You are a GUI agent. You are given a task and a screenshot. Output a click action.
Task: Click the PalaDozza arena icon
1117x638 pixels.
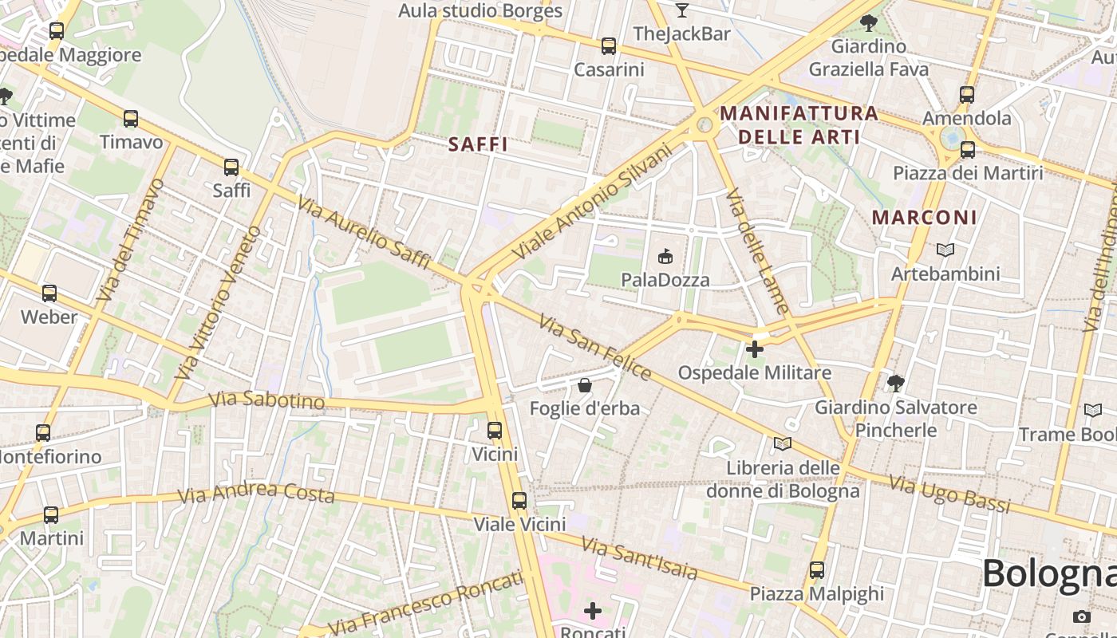pyautogui.click(x=665, y=256)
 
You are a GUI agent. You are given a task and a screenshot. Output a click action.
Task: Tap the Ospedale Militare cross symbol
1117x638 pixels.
pyautogui.click(x=754, y=349)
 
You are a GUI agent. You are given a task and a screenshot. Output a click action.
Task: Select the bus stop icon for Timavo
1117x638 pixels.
pyautogui.click(x=131, y=119)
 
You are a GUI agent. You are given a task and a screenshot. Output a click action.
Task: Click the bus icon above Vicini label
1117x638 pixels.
pyautogui.click(x=495, y=431)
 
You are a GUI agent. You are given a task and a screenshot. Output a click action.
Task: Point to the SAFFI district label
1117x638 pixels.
pyautogui.click(x=478, y=144)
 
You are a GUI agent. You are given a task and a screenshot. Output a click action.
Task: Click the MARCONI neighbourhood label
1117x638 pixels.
pyautogui.click(x=924, y=217)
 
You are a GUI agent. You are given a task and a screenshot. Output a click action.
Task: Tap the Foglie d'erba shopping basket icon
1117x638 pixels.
pyautogui.click(x=585, y=385)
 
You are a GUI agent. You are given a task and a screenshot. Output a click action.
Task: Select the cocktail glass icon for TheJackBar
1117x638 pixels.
pyautogui.click(x=681, y=10)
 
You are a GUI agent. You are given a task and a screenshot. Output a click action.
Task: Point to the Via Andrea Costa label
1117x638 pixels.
pyautogui.click(x=255, y=493)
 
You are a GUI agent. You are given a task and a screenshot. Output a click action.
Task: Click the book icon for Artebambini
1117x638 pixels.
pyautogui.click(x=945, y=250)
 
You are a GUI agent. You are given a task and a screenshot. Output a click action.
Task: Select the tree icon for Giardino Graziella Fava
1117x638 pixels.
pyautogui.click(x=869, y=22)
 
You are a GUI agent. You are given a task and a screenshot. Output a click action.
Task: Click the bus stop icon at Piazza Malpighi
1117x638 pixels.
pyautogui.click(x=816, y=570)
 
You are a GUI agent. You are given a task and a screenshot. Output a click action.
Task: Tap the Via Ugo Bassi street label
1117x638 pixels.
pyautogui.click(x=949, y=494)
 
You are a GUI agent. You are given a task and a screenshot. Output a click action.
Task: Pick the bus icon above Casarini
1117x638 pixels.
pyautogui.click(x=609, y=46)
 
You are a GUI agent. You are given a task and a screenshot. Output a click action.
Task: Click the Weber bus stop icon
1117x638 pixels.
pyautogui.click(x=49, y=293)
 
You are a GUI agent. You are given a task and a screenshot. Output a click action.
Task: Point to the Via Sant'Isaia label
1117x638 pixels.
pyautogui.click(x=639, y=557)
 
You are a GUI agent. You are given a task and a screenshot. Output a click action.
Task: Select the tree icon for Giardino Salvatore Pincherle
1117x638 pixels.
pyautogui.click(x=896, y=384)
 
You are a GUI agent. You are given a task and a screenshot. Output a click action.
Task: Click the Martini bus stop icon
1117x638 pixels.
pyautogui.click(x=51, y=514)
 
